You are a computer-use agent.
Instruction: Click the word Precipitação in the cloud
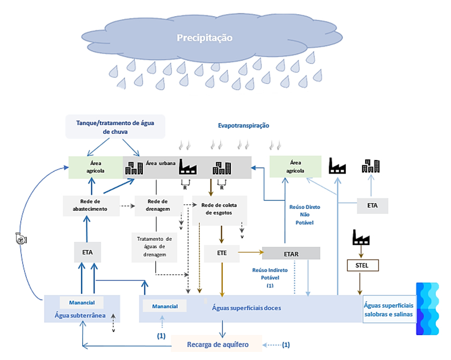205,38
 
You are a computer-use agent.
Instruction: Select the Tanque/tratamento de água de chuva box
115,126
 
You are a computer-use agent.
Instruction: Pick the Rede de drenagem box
156,205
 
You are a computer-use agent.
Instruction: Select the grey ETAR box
291,253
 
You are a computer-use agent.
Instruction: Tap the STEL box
360,265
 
